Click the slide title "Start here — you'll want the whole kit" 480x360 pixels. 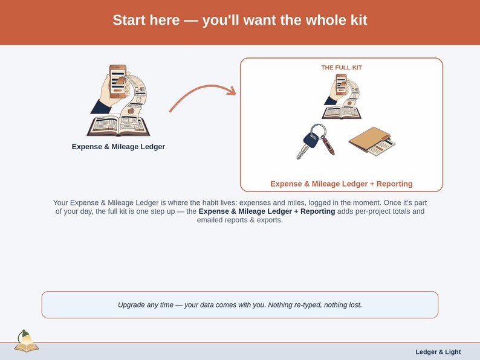click(239, 20)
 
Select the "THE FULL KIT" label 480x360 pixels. click(342, 68)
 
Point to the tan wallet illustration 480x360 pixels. click(372, 141)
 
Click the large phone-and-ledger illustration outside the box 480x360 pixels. click(118, 100)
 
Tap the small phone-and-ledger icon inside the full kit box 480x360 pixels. click(342, 97)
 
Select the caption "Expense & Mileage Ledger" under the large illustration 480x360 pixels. click(118, 147)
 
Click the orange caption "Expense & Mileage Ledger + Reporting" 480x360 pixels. click(342, 184)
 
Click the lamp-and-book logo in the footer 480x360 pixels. click(27, 341)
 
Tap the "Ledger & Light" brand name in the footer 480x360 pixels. click(438, 352)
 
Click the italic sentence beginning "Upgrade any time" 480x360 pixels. click(239, 305)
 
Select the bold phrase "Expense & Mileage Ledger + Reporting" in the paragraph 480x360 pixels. click(267, 211)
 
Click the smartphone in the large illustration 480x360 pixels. click(118, 82)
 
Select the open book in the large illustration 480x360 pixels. click(118, 126)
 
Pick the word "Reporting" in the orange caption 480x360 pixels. click(394, 184)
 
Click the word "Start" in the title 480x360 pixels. click(129, 20)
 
